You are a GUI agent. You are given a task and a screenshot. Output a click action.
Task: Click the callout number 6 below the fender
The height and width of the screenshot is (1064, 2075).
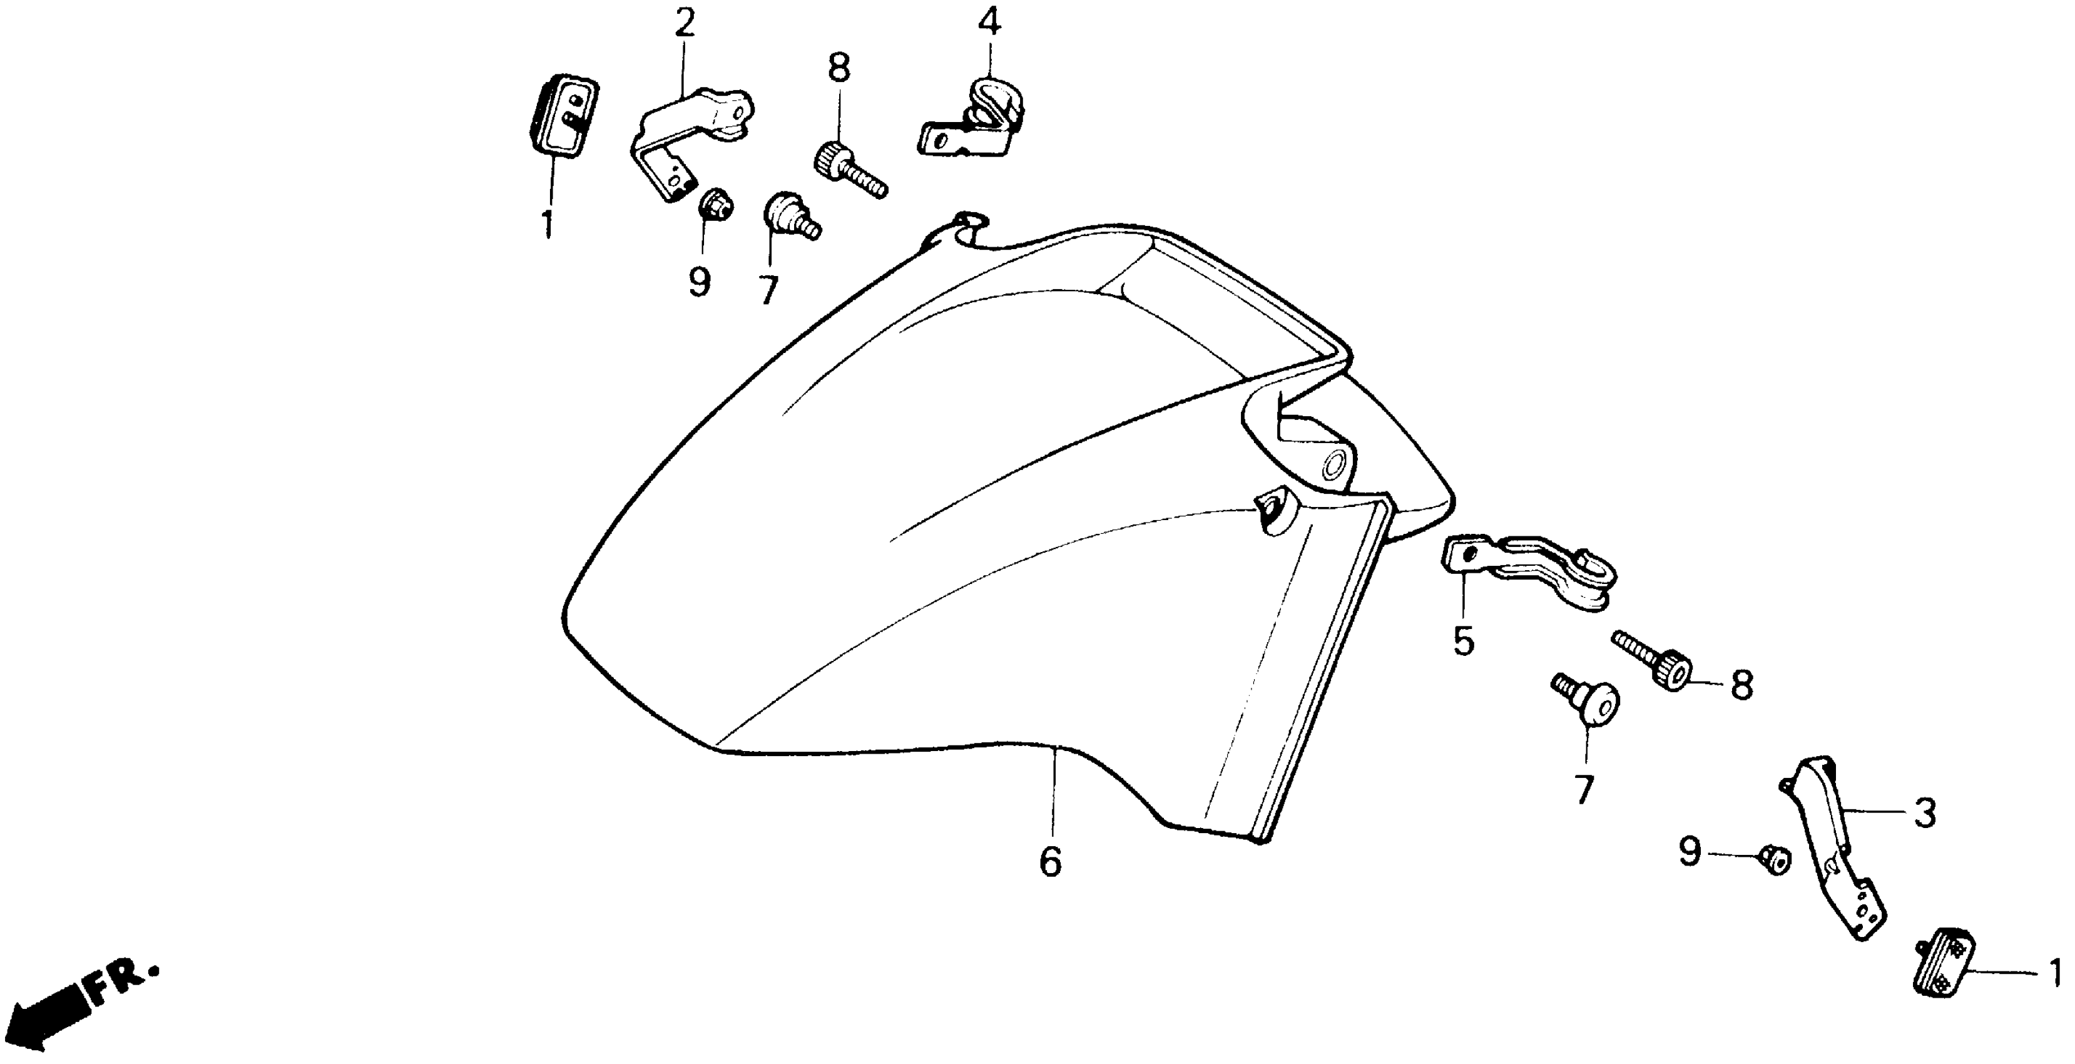[1051, 862]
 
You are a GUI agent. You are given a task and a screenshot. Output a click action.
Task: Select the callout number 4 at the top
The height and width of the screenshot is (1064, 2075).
[990, 22]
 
